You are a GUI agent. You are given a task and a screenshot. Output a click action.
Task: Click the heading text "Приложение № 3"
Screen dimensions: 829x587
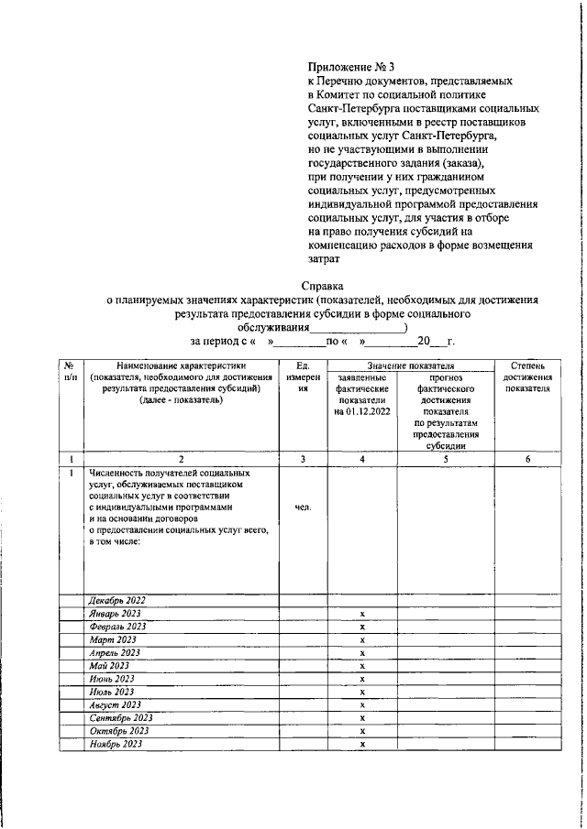click(350, 67)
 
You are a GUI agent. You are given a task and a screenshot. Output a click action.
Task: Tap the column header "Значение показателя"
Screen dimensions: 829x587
click(411, 366)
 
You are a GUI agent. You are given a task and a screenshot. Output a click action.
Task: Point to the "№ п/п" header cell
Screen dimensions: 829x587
click(71, 372)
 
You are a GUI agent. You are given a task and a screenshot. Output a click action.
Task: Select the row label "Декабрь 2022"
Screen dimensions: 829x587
click(117, 601)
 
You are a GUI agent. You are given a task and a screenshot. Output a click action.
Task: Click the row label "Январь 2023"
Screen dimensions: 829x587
click(116, 614)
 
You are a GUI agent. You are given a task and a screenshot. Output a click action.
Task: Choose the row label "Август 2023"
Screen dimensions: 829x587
click(115, 704)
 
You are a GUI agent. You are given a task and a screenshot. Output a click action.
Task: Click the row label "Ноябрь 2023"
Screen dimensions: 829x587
click(116, 744)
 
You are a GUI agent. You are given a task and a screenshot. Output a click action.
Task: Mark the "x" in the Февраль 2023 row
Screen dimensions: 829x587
click(363, 627)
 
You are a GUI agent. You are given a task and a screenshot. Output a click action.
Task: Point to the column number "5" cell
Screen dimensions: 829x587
click(446, 459)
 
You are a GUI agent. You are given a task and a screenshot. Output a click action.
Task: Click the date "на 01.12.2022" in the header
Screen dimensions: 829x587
click(362, 412)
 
